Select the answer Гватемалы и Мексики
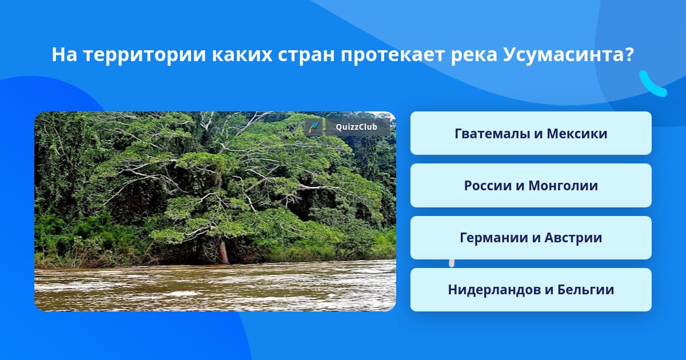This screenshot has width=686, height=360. [x=531, y=133]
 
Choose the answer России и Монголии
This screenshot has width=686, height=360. [x=531, y=186]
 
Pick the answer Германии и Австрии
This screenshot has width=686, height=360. [x=531, y=238]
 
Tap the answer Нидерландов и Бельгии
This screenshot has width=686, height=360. [x=531, y=290]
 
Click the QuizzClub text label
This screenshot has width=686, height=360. [x=357, y=127]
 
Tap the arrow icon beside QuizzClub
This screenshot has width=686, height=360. [x=313, y=127]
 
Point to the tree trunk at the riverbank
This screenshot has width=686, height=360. [x=223, y=252]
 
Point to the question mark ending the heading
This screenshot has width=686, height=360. [x=629, y=54]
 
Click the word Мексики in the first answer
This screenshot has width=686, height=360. [x=577, y=134]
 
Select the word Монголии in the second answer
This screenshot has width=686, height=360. [x=563, y=186]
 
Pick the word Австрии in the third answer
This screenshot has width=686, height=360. [x=573, y=238]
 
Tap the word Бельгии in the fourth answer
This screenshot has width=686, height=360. [x=585, y=290]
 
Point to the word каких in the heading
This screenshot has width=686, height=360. [x=242, y=55]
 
